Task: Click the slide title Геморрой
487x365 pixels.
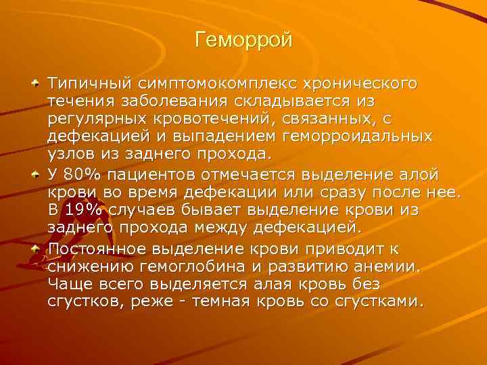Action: (243, 41)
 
